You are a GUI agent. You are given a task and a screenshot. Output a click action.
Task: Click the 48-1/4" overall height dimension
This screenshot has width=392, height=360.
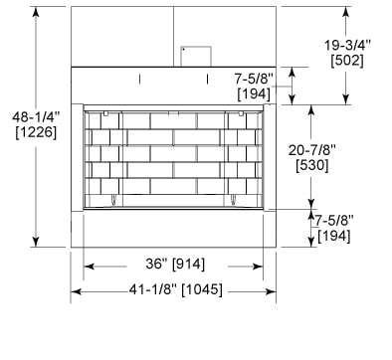(36, 116)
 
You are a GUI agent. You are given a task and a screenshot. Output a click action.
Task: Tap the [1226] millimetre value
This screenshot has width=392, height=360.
(36, 132)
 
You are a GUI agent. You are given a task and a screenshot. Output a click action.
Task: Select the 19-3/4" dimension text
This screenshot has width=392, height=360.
(347, 45)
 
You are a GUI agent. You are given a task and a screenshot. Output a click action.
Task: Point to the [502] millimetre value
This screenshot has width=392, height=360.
(347, 61)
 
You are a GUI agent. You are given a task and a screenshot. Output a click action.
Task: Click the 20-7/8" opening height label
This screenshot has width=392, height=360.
(311, 150)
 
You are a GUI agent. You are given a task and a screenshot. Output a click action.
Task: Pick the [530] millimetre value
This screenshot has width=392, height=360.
(312, 165)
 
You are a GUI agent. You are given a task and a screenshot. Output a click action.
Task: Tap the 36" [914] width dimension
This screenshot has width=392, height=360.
(175, 264)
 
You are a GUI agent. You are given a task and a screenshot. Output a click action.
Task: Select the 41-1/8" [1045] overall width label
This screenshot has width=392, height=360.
(175, 289)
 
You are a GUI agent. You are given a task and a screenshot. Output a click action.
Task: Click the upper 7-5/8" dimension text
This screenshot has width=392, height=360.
(254, 79)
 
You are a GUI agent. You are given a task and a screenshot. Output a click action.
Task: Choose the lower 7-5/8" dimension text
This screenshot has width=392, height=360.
(334, 220)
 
